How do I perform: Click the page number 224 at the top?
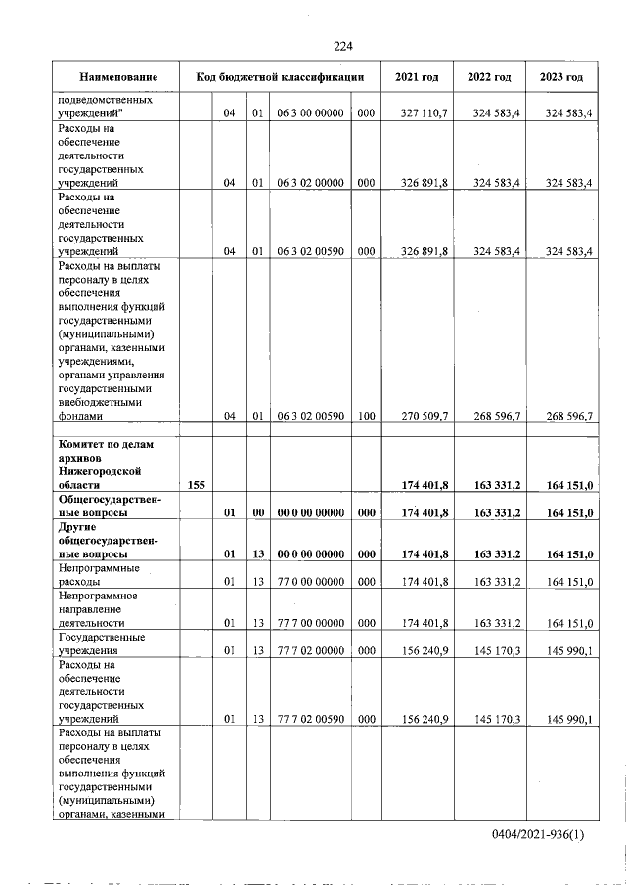click(x=342, y=46)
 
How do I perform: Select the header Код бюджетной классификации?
click(x=280, y=77)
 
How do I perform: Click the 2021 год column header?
click(x=417, y=77)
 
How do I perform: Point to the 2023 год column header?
click(x=561, y=77)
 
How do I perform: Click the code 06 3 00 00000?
click(x=309, y=114)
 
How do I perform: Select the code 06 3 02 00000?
click(x=309, y=183)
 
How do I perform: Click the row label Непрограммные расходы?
click(x=99, y=575)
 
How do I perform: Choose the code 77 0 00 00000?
click(x=309, y=583)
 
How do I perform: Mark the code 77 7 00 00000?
click(x=309, y=622)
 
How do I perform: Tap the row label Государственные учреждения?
click(x=102, y=644)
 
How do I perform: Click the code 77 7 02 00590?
click(x=309, y=720)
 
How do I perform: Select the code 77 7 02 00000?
click(x=309, y=651)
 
